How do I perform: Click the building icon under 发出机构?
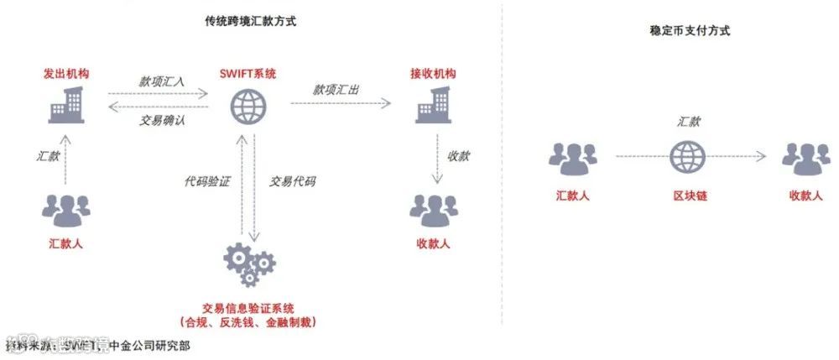[67, 105]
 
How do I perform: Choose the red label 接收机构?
[434, 74]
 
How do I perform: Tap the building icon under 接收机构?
[435, 105]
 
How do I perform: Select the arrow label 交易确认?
[162, 120]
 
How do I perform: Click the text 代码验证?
[206, 180]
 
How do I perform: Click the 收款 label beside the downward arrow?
[458, 156]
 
